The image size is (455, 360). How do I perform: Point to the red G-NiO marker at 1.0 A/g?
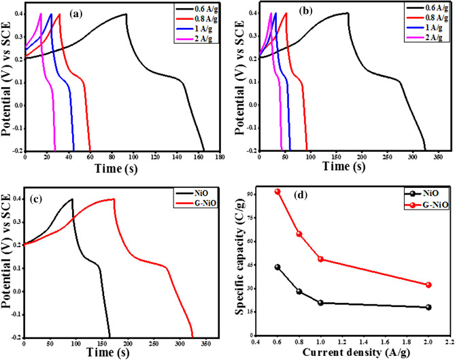click(x=320, y=259)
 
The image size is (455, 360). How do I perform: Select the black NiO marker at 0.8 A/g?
click(x=299, y=291)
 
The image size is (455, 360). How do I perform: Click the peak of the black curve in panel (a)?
click(x=126, y=14)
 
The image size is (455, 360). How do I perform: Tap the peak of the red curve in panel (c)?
click(x=114, y=199)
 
